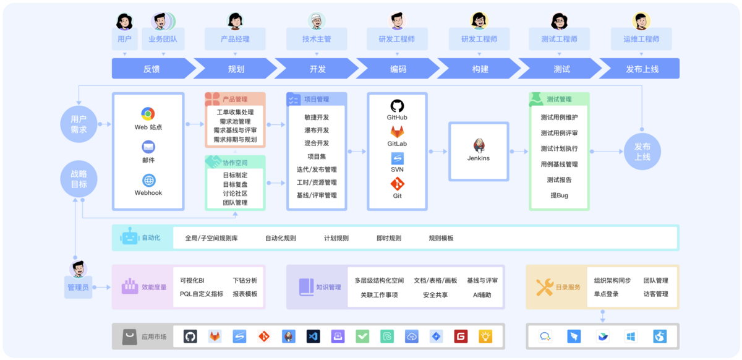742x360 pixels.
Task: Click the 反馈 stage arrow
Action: (x=151, y=69)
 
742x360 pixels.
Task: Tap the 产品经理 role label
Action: (x=235, y=39)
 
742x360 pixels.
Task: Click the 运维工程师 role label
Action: (x=641, y=39)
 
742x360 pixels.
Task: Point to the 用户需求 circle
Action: (x=79, y=124)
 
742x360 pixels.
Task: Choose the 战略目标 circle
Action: (x=79, y=179)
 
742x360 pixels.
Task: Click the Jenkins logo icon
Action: (x=479, y=145)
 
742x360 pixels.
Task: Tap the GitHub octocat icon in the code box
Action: (x=397, y=106)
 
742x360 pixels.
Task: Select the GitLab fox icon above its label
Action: (x=397, y=132)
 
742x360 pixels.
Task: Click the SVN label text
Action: (x=397, y=169)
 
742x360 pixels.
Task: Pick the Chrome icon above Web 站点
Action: (x=148, y=114)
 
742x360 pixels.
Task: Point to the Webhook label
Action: (x=148, y=192)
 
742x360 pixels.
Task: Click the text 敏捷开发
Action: (x=317, y=117)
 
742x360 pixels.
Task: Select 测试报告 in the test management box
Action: (x=559, y=180)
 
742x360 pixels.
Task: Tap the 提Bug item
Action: (x=559, y=195)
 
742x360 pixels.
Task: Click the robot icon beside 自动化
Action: (x=130, y=237)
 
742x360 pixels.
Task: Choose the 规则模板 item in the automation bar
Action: (x=441, y=238)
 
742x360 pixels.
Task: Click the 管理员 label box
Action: (x=78, y=287)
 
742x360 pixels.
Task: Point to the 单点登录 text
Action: (x=606, y=294)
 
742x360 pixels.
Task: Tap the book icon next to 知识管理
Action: (x=306, y=287)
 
